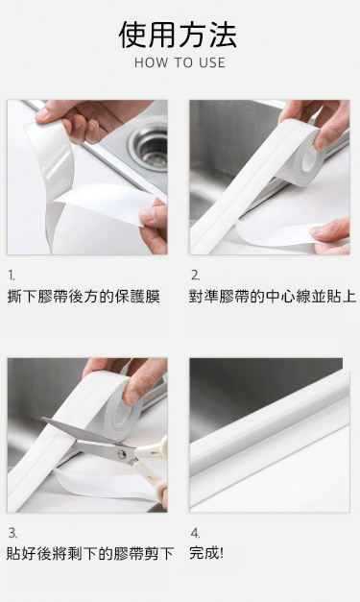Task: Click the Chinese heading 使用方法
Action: [x=178, y=35]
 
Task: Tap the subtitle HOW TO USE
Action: [x=180, y=63]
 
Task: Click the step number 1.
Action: [x=12, y=275]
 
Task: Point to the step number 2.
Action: [x=195, y=275]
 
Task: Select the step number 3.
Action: [x=12, y=533]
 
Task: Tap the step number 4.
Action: [x=195, y=533]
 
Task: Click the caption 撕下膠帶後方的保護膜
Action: [x=84, y=297]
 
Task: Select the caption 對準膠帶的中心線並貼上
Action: [x=273, y=297]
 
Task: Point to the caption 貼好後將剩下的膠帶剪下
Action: [x=90, y=554]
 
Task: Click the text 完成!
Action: [x=206, y=553]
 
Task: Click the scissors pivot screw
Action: [x=122, y=454]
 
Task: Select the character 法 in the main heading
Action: [x=223, y=35]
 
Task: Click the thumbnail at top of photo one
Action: [x=42, y=114]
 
